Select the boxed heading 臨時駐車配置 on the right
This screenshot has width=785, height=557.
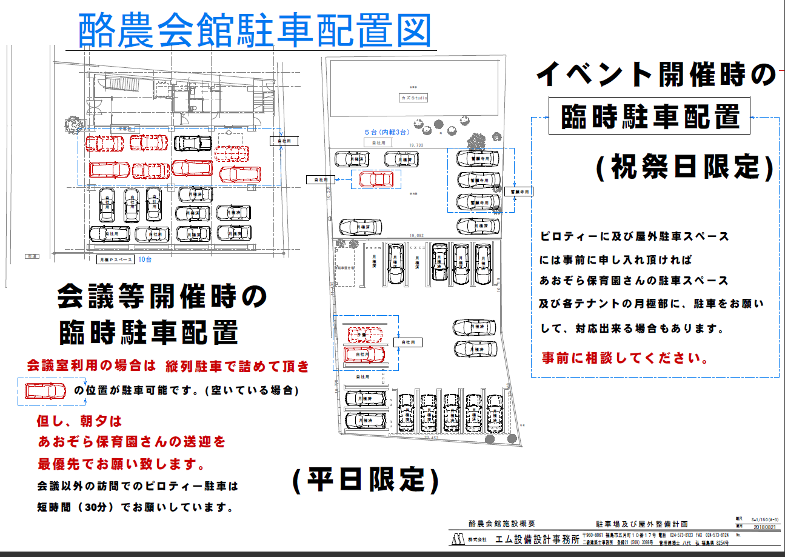[650, 116]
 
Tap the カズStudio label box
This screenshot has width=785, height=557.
[413, 98]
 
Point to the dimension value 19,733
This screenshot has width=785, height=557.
[416, 145]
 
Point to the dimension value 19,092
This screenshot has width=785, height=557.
[416, 235]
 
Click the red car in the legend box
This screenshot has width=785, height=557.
[45, 391]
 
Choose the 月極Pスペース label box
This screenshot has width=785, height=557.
[115, 260]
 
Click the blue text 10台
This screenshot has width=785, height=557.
[145, 259]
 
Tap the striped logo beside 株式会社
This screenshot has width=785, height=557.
[458, 539]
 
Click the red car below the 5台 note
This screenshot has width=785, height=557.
[376, 179]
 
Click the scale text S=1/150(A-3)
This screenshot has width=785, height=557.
[765, 520]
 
